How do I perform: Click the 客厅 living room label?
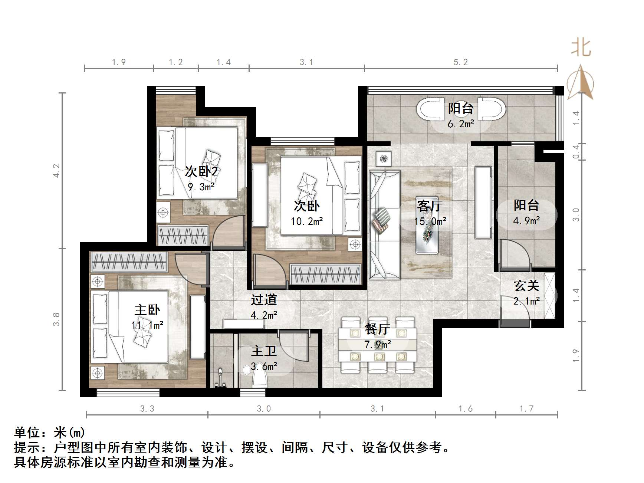(430, 206)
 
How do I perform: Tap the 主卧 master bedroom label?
(147, 310)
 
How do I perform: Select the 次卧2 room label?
(201, 171)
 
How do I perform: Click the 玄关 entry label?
(526, 286)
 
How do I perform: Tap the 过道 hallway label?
(264, 299)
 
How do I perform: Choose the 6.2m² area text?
(460, 124)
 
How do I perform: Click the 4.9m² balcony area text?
(526, 221)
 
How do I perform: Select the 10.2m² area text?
(306, 221)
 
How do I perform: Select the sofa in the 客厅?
(384, 224)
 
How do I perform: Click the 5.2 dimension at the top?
(460, 62)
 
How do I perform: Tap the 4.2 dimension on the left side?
(56, 171)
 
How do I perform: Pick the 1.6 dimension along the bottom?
(465, 409)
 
